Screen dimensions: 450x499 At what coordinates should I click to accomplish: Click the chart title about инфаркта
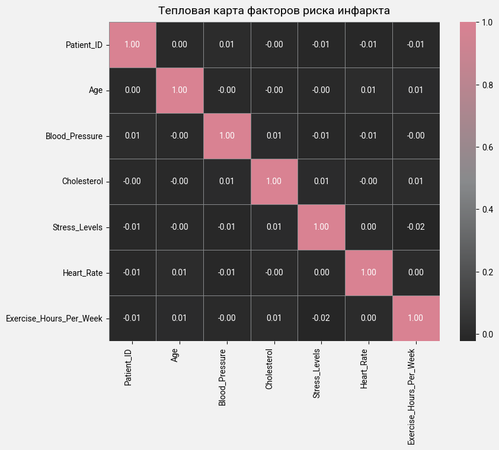(274, 11)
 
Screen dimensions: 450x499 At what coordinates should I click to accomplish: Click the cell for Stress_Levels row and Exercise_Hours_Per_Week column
(415, 227)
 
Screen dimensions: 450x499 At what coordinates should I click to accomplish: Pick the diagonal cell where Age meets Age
(180, 90)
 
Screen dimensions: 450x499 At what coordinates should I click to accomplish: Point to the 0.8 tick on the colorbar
(488, 85)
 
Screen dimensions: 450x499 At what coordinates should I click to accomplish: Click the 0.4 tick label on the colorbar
(488, 210)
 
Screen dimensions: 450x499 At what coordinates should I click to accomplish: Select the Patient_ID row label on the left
(84, 44)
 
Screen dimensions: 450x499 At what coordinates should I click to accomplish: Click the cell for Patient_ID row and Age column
(180, 44)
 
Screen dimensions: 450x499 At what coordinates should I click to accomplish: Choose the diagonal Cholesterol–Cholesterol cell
(274, 181)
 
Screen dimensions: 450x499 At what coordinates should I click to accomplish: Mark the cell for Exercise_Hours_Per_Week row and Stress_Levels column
(321, 318)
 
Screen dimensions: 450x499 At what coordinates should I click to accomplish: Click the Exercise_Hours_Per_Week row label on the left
(54, 318)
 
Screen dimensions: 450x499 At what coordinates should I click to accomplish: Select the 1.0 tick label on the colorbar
(488, 22)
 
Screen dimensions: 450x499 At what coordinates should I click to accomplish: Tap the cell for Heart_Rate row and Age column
(180, 272)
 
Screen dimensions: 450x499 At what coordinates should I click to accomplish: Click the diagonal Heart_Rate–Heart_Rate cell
(368, 272)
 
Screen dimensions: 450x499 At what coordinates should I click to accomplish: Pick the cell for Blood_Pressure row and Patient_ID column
(132, 136)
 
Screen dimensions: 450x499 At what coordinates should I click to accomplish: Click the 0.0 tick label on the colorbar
(488, 335)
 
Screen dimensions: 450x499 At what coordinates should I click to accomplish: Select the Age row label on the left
(95, 90)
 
